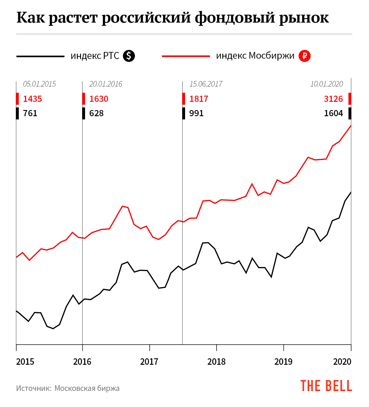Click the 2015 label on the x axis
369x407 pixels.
click(25, 362)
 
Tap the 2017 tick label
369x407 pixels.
click(149, 362)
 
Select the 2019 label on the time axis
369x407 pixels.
click(283, 362)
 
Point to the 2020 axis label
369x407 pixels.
click(342, 362)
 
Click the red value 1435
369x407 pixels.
click(33, 99)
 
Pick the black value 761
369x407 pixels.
click(30, 113)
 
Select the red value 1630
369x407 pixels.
click(99, 99)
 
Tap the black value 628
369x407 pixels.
click(97, 113)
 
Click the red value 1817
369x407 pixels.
click(199, 99)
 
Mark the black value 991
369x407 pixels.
click(196, 113)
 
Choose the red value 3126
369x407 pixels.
click(333, 99)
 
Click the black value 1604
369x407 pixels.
click(333, 113)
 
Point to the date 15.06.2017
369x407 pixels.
click(206, 84)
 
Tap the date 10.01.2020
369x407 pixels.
click(326, 84)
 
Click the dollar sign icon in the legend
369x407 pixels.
click(129, 56)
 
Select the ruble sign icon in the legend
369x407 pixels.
click(304, 56)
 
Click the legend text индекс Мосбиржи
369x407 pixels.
click(255, 56)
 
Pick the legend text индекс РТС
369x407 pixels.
click(95, 56)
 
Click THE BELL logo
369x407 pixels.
click(326, 386)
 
